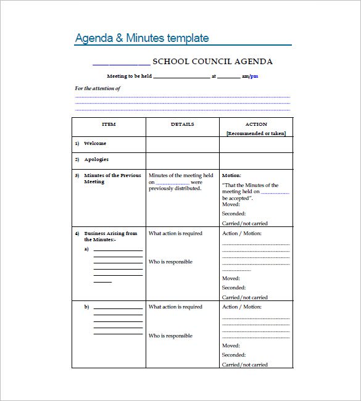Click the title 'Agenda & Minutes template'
[142, 38]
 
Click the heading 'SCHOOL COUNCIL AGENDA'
[212, 62]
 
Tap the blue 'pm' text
[254, 76]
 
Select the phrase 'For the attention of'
[98, 88]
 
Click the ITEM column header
[109, 124]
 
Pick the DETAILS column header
[183, 124]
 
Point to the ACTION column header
[256, 124]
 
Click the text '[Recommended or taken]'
[256, 133]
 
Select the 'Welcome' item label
[95, 143]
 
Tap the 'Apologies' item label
[96, 159]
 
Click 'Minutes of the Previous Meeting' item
[112, 178]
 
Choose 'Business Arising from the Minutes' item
[110, 236]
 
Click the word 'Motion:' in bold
[231, 175]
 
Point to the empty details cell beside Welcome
[183, 144]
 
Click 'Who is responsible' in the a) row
[170, 262]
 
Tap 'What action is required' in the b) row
[175, 307]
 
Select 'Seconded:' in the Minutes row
[234, 213]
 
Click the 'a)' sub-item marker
[87, 249]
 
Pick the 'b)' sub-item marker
[87, 307]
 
